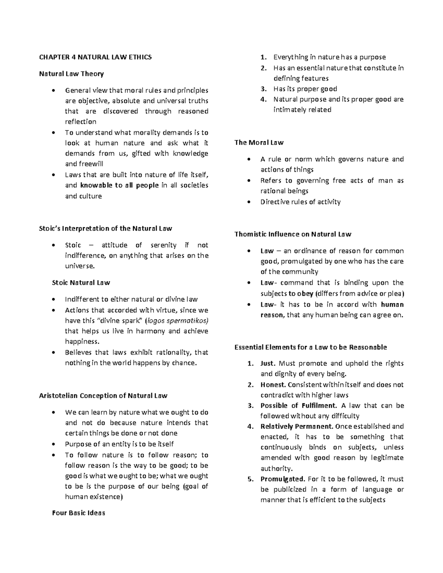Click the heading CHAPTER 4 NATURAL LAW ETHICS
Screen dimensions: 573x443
95,57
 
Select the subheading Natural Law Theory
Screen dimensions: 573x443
71,74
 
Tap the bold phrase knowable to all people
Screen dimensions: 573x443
119,185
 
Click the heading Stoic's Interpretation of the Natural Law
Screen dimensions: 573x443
105,228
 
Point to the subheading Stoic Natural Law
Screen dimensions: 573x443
81,283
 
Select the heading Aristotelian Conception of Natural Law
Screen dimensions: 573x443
103,396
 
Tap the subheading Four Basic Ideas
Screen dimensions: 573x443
79,513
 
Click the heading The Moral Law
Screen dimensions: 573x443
259,142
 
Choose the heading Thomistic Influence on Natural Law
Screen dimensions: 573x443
293,234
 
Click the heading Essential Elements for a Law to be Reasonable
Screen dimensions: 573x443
310,347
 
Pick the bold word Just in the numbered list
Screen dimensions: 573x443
268,363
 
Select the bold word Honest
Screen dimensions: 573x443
273,384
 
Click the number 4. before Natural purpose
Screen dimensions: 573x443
263,99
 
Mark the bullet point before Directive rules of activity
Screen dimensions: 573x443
250,202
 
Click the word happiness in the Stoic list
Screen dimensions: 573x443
82,342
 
